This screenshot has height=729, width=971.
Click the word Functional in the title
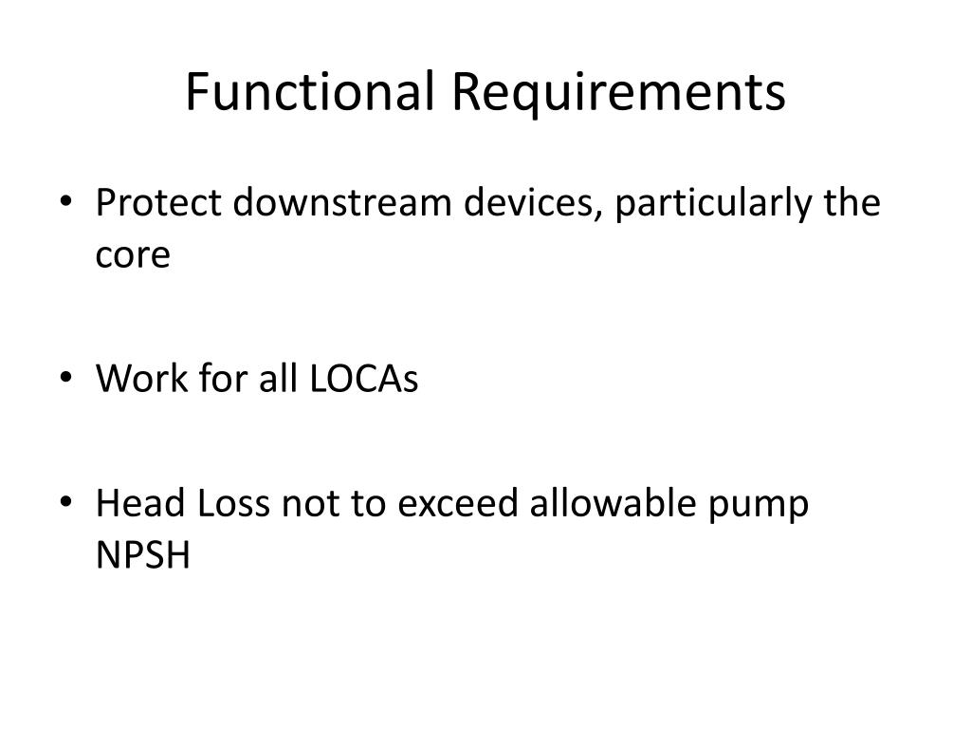(x=309, y=92)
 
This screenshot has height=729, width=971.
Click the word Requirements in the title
(x=617, y=92)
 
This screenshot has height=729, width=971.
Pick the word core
(x=133, y=256)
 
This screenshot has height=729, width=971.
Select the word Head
(x=141, y=503)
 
